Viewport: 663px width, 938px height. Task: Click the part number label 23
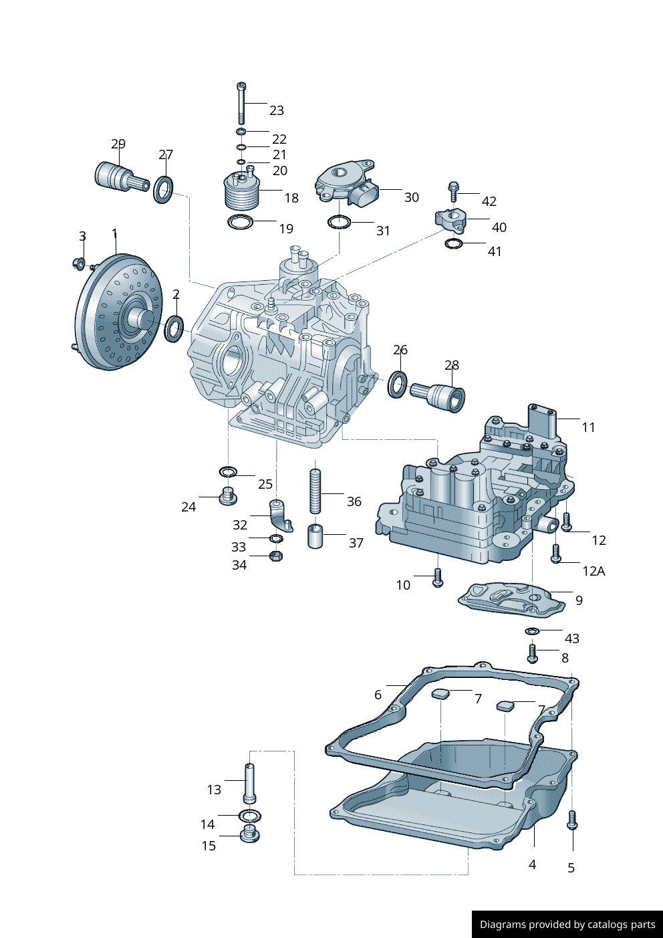(x=276, y=110)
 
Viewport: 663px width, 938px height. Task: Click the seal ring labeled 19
(x=241, y=221)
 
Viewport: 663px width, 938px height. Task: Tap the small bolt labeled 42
(x=453, y=191)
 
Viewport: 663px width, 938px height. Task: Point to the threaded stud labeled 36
(x=315, y=491)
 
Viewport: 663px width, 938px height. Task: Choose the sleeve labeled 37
(x=315, y=536)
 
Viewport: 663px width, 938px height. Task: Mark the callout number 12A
(x=593, y=571)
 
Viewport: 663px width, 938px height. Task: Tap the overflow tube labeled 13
(x=249, y=783)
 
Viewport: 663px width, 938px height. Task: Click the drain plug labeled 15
(x=249, y=834)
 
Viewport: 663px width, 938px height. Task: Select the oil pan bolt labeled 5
(x=571, y=820)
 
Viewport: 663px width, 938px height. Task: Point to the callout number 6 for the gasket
(x=378, y=695)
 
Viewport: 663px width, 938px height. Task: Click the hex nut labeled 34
(x=275, y=556)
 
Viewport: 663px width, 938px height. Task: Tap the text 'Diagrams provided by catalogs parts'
(x=567, y=925)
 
